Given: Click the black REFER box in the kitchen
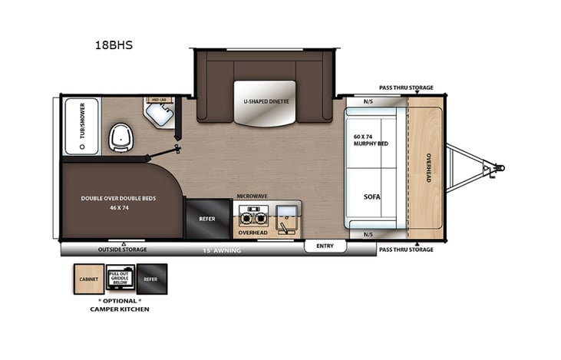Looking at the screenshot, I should (207, 219).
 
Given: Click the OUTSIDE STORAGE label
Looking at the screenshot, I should (122, 249).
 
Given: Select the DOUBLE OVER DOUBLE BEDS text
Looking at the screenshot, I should (118, 198).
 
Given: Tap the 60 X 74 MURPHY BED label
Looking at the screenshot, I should (371, 140).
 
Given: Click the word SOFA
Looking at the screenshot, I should (372, 197).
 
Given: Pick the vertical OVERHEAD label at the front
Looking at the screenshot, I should (429, 167).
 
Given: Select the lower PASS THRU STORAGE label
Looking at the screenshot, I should (406, 249).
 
